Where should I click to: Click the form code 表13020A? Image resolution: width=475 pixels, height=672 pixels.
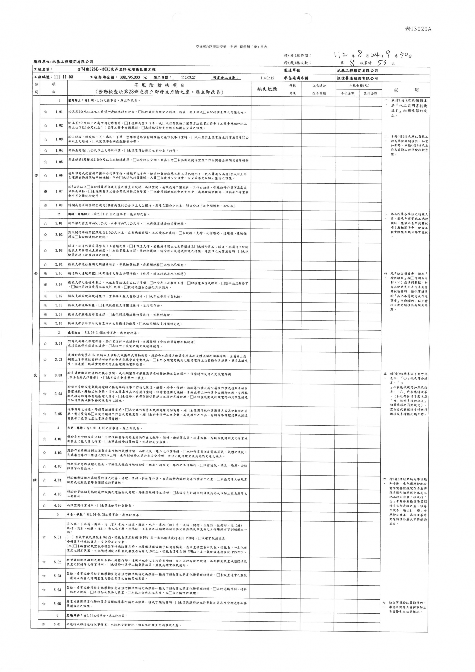point(418,29)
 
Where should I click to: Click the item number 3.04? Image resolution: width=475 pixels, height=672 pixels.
point(58,394)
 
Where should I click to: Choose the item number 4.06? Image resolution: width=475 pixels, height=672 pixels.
point(58,505)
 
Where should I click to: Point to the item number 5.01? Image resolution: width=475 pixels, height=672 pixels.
point(57,537)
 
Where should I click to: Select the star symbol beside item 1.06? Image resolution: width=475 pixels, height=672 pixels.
point(46,176)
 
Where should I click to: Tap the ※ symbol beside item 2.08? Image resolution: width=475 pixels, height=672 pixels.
point(45,305)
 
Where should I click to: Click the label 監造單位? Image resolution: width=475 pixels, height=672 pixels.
point(292,70)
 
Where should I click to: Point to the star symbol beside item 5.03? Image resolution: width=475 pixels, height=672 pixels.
point(44,576)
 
